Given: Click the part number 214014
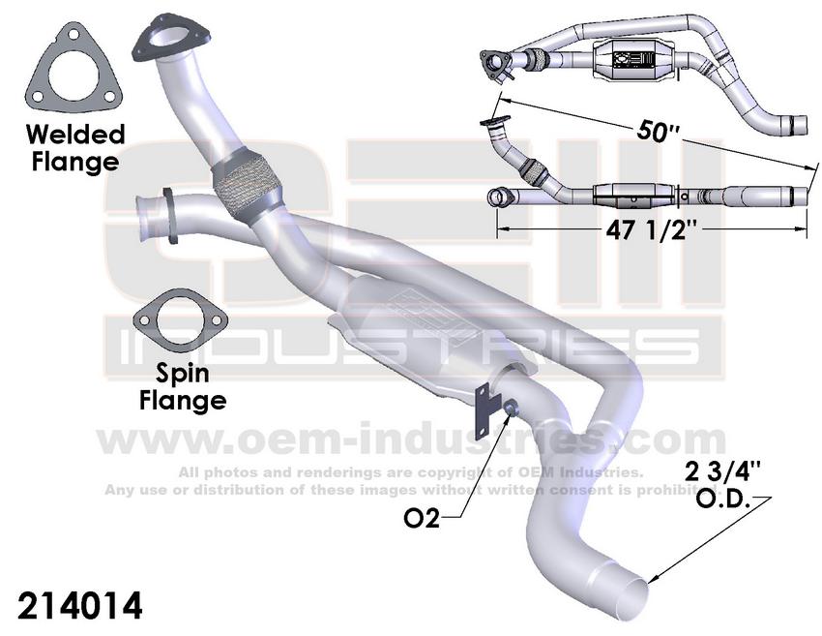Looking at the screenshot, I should coord(80,606).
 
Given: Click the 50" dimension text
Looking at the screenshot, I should coord(659,133).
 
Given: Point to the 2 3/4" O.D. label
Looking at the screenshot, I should coord(722,485).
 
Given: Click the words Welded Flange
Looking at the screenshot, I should coord(74,146).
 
